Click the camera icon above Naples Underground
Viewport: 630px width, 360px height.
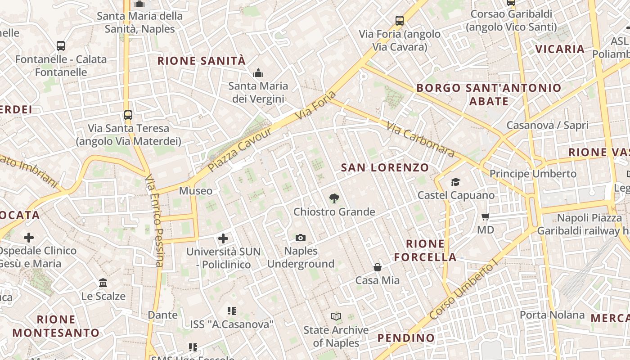[x=301, y=238]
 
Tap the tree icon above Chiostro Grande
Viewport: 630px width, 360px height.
[x=334, y=198]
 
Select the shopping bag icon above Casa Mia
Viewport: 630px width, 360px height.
[x=378, y=267]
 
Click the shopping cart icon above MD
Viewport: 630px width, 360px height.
[x=486, y=217]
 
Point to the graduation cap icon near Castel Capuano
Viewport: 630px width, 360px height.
[x=456, y=182]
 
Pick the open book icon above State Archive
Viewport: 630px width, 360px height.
[x=336, y=316]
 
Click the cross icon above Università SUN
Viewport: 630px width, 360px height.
[x=223, y=238]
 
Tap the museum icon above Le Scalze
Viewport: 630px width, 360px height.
[x=103, y=283]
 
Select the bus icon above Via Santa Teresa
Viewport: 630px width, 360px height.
[x=128, y=115]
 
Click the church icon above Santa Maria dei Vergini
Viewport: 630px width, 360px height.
[x=258, y=72]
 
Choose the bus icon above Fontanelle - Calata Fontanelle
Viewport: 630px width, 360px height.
[x=61, y=45]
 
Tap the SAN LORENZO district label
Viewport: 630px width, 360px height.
[x=385, y=168]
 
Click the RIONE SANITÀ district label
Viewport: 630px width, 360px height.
[x=201, y=61]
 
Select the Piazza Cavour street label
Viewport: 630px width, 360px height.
[x=241, y=149]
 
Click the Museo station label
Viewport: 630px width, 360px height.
[x=196, y=191]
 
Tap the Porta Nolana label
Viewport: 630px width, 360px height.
[x=552, y=315]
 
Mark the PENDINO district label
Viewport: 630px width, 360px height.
[x=406, y=337]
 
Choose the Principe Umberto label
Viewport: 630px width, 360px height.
[x=533, y=174]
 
